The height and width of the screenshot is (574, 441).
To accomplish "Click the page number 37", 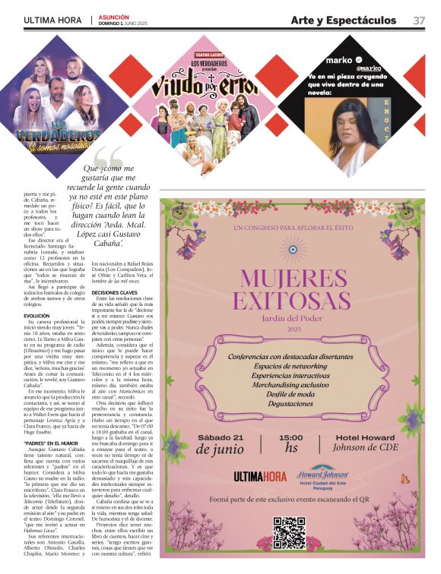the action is (x=419, y=20).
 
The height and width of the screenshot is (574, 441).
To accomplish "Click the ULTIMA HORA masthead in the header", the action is (x=52, y=20).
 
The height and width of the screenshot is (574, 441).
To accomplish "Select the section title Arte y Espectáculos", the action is (x=343, y=20).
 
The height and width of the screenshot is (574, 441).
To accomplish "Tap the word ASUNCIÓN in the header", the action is (x=113, y=17).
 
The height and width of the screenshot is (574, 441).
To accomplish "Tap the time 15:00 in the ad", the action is (x=290, y=438).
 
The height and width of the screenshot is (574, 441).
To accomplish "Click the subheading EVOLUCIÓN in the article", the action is (x=36, y=315).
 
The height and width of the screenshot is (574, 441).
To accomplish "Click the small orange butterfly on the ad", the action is (x=404, y=478).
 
